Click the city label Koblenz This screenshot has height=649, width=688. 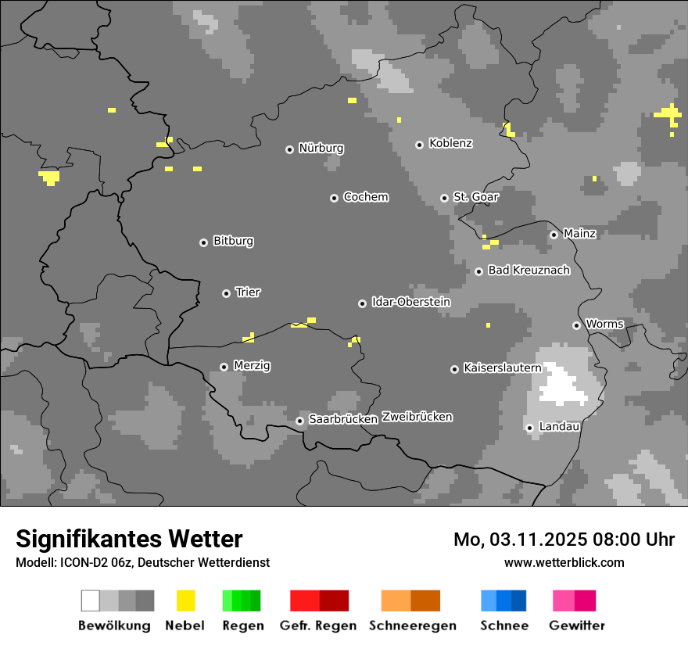coord(450,143)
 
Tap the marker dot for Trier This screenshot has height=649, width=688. coord(227,293)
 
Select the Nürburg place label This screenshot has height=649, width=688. coord(321,148)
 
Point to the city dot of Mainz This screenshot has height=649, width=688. coord(554,235)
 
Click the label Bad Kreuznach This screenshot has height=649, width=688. coord(529,271)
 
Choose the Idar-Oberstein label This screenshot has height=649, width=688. coord(410,302)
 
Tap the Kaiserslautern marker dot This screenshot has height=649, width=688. coord(454,369)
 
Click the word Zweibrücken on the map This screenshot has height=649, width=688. coord(417,417)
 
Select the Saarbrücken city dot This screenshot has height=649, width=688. coord(299,421)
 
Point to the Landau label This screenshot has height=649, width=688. coord(559,426)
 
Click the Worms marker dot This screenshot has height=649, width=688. coord(576,325)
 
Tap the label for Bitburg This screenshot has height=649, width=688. coord(233,241)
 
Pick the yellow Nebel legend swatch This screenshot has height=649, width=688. coord(185,601)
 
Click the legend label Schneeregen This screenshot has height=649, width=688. coord(412,626)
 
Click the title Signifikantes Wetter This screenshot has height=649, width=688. coord(129,539)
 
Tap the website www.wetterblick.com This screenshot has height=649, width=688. coord(564,562)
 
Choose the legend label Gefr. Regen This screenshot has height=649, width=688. coord(318,626)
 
